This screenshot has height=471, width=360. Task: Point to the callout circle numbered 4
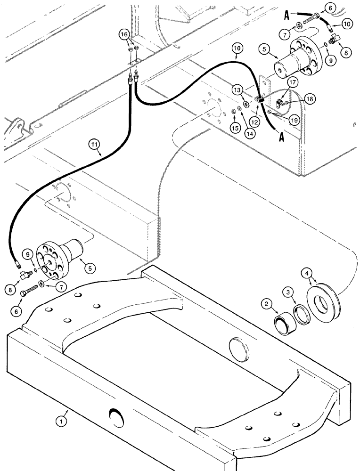(307, 273)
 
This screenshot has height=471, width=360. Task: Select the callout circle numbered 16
(123, 35)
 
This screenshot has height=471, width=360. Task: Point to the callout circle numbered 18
(297, 99)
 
